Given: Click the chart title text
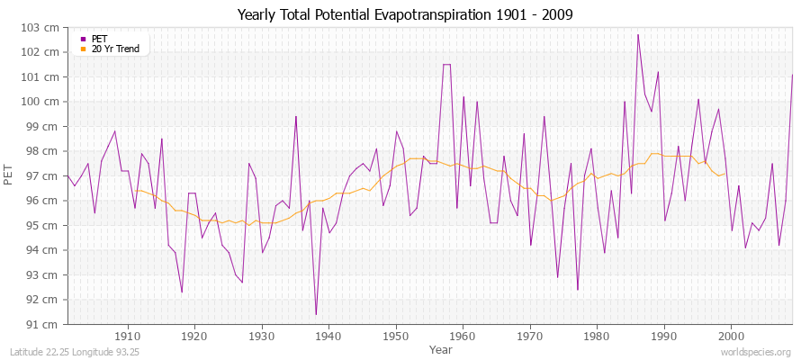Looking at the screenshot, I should click(404, 15).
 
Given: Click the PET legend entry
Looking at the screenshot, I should click(99, 39).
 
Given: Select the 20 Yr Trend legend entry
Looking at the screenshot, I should click(115, 49).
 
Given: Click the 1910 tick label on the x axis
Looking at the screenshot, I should click(128, 336).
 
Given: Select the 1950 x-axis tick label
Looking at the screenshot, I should click(396, 336).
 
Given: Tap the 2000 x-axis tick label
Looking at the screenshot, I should click(731, 336).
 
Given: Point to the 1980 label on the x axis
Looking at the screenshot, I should click(597, 336).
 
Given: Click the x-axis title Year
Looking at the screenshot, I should click(441, 349).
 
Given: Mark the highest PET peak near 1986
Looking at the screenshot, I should click(638, 35).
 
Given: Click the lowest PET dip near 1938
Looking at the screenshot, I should click(316, 314).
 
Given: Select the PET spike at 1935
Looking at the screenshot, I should click(296, 116).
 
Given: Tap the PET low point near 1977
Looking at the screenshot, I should click(577, 290).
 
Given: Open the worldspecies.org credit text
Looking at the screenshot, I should click(757, 352).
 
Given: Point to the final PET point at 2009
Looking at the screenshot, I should click(792, 75).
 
